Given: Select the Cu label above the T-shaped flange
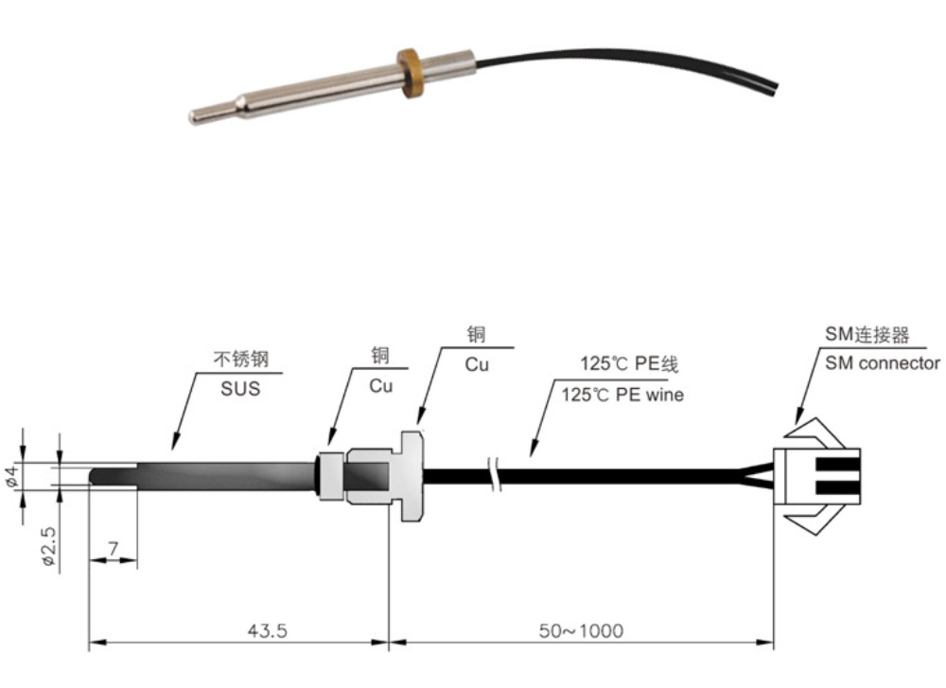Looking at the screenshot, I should tap(477, 363).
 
